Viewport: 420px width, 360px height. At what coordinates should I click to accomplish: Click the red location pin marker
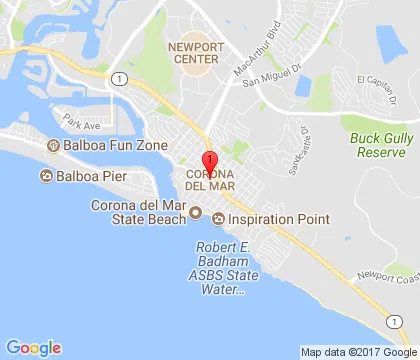click(209, 164)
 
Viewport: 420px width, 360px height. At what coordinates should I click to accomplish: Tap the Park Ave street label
click(81, 124)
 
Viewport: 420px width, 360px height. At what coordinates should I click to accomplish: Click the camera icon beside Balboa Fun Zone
click(52, 147)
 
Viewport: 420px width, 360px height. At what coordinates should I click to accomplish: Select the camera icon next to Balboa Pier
click(46, 177)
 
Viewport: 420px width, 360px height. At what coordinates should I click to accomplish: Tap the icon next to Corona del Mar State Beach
click(196, 212)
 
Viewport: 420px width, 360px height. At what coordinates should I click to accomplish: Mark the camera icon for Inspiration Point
click(218, 218)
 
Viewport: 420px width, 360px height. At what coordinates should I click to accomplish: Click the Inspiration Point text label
click(266, 218)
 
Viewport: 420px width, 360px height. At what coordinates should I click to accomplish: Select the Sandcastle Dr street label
click(297, 151)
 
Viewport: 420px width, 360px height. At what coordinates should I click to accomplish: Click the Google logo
click(33, 347)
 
